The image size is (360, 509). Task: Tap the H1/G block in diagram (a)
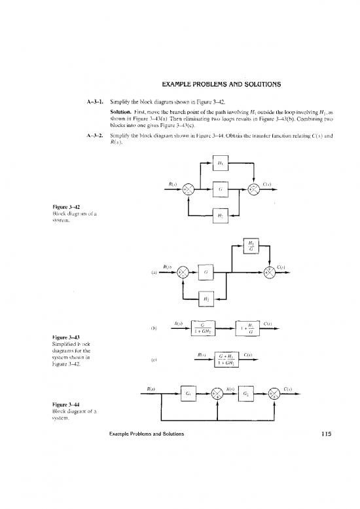[251, 251]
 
